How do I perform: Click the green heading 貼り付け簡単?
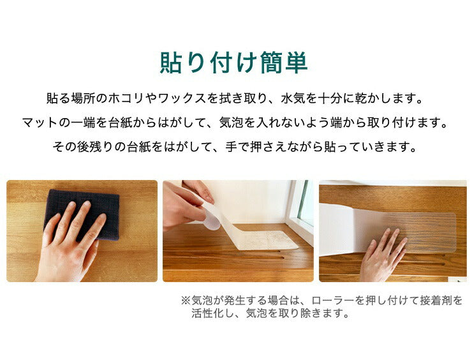(x=233, y=63)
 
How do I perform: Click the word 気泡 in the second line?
(x=232, y=123)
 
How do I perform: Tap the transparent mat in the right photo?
(x=422, y=232)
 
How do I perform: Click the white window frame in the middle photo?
(x=297, y=211)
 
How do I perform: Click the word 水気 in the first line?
(x=293, y=98)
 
